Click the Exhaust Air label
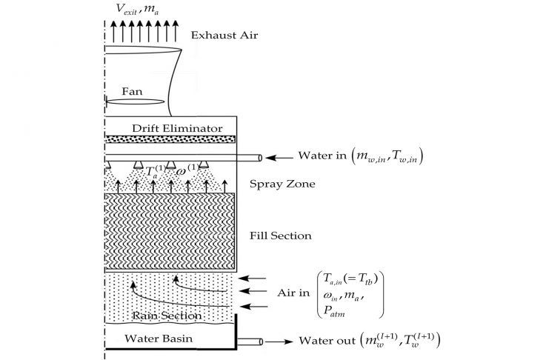tap(222, 35)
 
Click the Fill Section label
tap(281, 236)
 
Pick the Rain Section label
tap(165, 316)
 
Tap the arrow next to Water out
tap(282, 341)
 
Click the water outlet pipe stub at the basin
tap(250, 341)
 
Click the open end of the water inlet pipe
tap(260, 157)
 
